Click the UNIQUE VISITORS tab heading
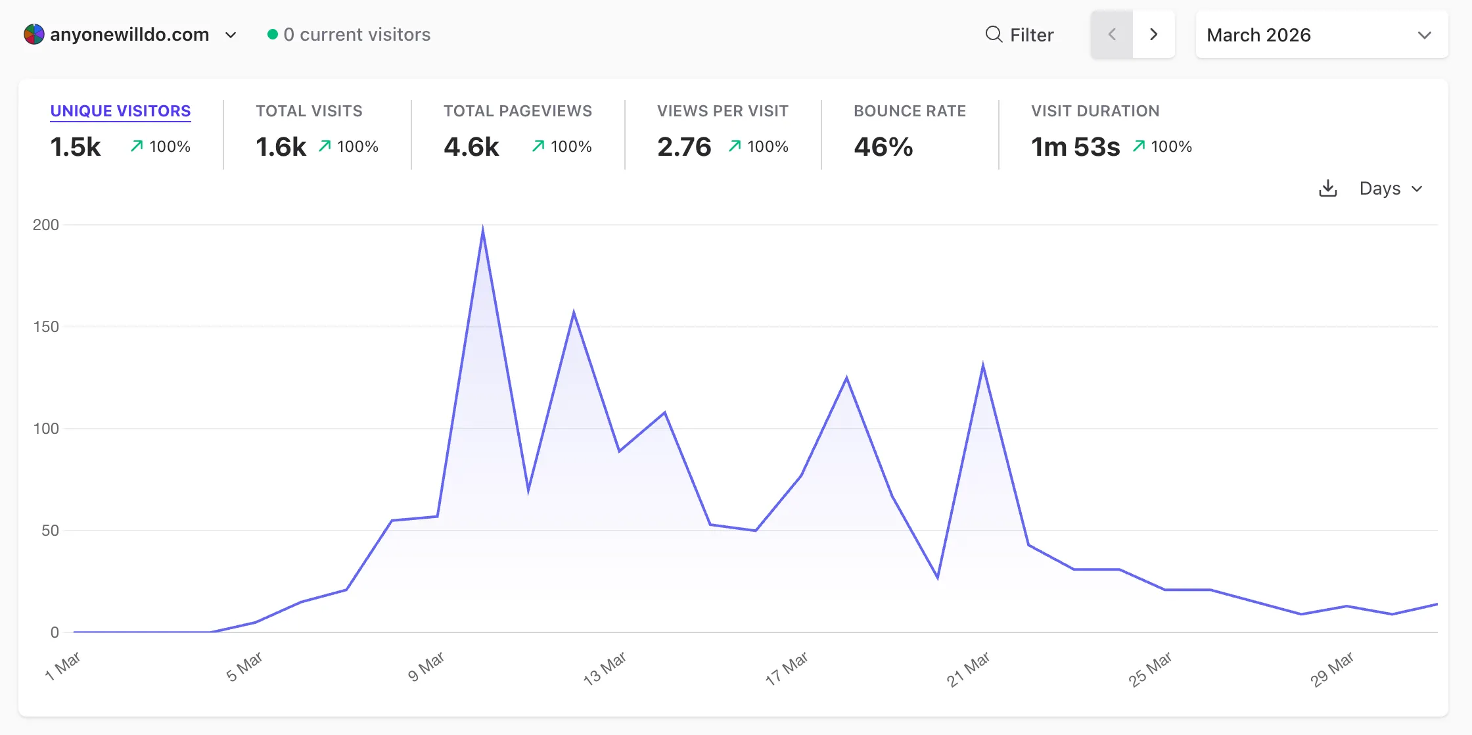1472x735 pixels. [120, 111]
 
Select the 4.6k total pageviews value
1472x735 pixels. [471, 147]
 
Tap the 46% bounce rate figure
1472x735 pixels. [883, 147]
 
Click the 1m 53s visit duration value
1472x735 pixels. [1075, 147]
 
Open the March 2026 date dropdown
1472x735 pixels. [1321, 35]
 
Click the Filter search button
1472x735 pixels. [1020, 35]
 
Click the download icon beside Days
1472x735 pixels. [1328, 189]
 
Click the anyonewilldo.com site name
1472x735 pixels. [129, 35]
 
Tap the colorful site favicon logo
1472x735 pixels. [34, 34]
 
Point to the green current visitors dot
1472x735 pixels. [273, 34]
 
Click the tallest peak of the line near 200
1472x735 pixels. [483, 230]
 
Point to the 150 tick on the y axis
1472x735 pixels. [46, 327]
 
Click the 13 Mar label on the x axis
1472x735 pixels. [605, 669]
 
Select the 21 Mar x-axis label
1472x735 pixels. [968, 669]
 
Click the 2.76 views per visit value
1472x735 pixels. [684, 147]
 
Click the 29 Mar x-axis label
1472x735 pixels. [1332, 669]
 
